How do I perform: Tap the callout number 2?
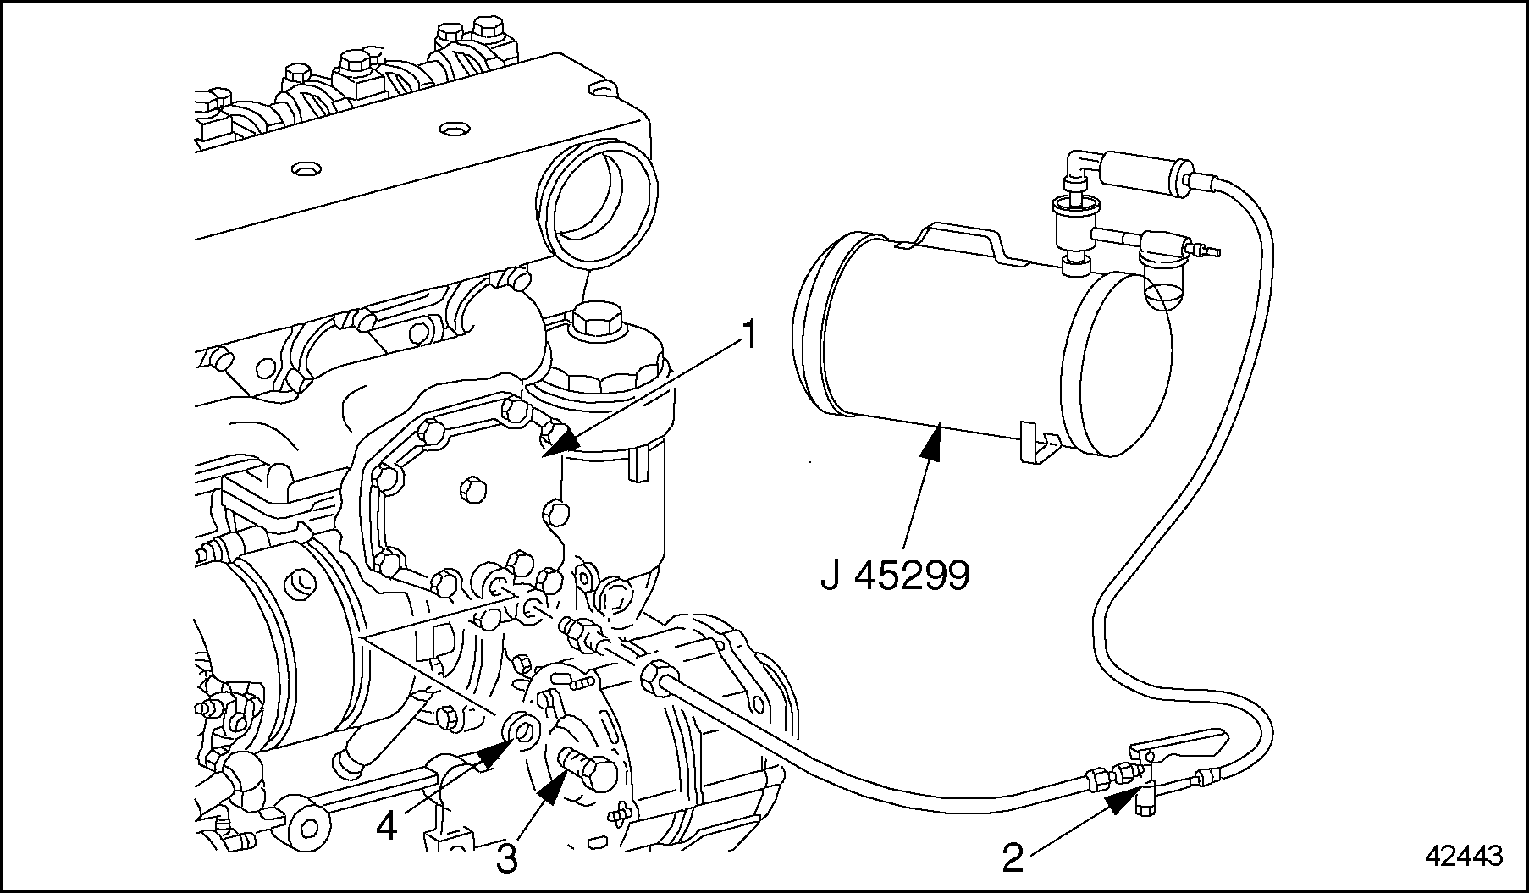coord(1013,858)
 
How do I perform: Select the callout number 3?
coord(505,858)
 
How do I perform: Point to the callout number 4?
coord(386,824)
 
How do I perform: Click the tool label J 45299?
coord(895,576)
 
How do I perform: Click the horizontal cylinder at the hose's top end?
coord(1140,171)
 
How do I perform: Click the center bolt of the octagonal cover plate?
coord(466,488)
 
